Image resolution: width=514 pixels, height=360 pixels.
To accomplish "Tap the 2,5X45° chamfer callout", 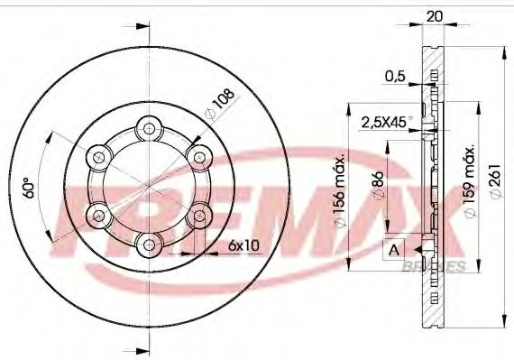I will pos(386,120).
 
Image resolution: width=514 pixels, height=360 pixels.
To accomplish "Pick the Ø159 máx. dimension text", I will pos(468,185).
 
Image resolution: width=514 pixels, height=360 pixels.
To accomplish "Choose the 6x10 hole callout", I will pos(243,245).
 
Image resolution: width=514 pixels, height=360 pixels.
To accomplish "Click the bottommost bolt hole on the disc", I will pos(148,242).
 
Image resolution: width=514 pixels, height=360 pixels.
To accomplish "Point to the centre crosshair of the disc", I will pos(148,185).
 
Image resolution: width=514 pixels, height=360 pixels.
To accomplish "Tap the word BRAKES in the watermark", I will pos(441,266).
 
